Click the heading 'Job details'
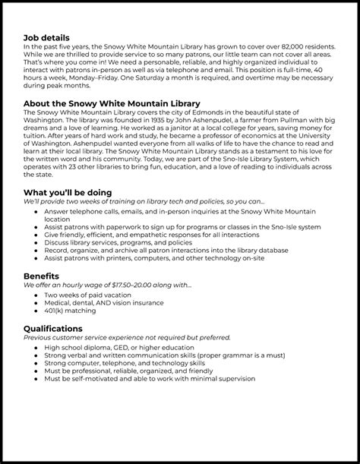46,37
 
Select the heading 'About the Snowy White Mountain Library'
112,103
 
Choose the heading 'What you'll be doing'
68,192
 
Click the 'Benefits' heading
42,276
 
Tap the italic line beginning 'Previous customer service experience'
127,337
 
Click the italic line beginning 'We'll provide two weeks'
144,201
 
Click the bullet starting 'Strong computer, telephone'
129,362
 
